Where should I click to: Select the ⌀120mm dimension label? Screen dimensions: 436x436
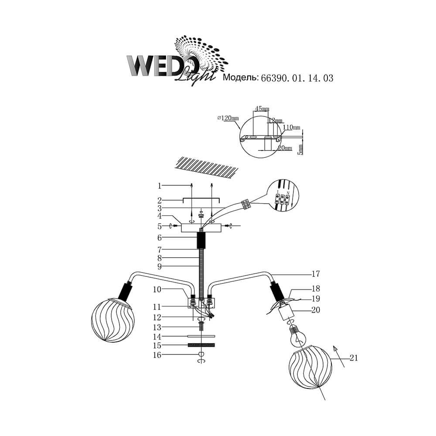coord(228,118)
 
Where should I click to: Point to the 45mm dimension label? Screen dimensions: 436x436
coord(262,109)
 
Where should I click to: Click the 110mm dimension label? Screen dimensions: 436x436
coord(292,127)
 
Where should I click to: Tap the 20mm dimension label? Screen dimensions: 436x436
coord(285,148)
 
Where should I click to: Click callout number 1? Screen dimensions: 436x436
coord(160,186)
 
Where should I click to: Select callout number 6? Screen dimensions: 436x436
coord(160,238)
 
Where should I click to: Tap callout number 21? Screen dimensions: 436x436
coord(354,358)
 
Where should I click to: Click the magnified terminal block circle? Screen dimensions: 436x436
coord(284,197)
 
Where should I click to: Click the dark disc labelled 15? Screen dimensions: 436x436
coord(201,345)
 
